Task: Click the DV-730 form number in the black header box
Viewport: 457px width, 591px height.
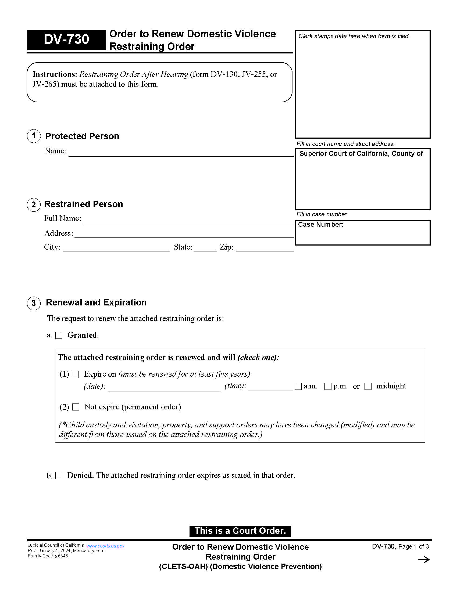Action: click(x=66, y=39)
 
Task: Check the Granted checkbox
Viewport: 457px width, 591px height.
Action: click(x=59, y=335)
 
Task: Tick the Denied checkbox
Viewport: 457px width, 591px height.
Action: click(x=59, y=475)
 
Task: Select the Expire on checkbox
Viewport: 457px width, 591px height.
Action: click(x=75, y=374)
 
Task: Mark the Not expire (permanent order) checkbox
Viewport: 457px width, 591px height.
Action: click(x=76, y=407)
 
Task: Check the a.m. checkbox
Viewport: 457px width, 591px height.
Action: click(x=298, y=386)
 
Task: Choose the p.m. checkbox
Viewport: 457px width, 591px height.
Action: click(x=328, y=386)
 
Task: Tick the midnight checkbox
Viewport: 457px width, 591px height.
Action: click(x=368, y=386)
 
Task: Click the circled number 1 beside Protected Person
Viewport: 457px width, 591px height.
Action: click(x=34, y=136)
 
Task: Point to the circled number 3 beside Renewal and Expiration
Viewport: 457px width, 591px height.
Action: click(x=34, y=303)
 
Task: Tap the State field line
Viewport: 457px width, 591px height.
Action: click(x=205, y=248)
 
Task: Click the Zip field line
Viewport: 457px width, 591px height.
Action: click(x=265, y=248)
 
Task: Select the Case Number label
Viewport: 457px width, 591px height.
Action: click(x=320, y=225)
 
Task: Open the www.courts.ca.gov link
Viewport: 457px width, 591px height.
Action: click(x=105, y=546)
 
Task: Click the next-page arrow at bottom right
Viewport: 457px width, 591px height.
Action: click(x=423, y=560)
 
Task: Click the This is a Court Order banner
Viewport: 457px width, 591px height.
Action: click(x=240, y=531)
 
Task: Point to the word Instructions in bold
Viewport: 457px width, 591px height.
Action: click(x=55, y=74)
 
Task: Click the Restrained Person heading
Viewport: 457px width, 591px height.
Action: click(x=83, y=204)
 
